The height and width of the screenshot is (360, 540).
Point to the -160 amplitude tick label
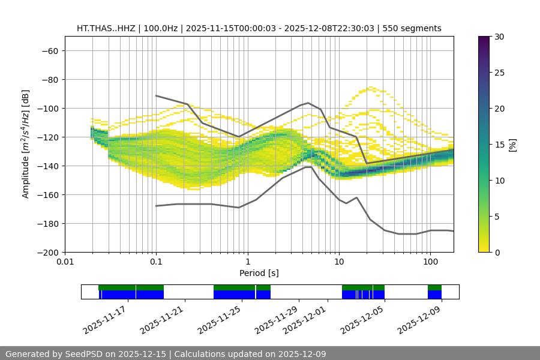click(x=47, y=194)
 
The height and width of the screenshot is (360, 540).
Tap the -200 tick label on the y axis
click(x=47, y=252)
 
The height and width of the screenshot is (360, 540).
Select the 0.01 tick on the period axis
click(x=65, y=262)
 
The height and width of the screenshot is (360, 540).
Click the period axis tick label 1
click(x=248, y=262)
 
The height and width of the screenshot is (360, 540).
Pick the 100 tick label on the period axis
click(x=430, y=262)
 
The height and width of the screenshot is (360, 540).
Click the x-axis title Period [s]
click(x=259, y=273)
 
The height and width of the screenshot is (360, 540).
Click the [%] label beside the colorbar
click(x=512, y=145)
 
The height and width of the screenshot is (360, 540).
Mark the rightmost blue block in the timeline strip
click(x=434, y=295)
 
